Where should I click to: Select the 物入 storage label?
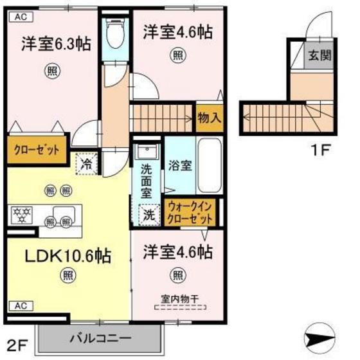pos(209,118)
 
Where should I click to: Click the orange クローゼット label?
pos(37,150)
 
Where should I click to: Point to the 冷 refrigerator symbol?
pos(86,164)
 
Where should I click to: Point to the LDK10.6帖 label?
pos(67,255)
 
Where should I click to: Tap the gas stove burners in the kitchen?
pos(24,213)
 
